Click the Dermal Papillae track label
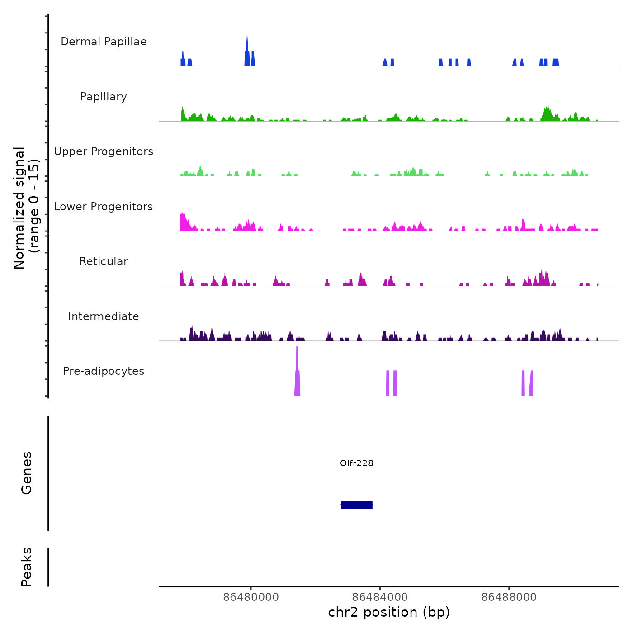104,42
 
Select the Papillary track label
104,97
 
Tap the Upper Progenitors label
104,151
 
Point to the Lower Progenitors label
104,207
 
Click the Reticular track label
104,261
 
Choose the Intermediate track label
104,316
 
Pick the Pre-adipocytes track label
104,371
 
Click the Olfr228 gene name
357,463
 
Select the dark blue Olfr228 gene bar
357,505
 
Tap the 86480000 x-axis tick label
251,597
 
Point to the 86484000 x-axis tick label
380,597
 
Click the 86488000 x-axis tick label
509,597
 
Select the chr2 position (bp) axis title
389,612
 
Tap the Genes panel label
27,473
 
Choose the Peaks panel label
27,567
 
